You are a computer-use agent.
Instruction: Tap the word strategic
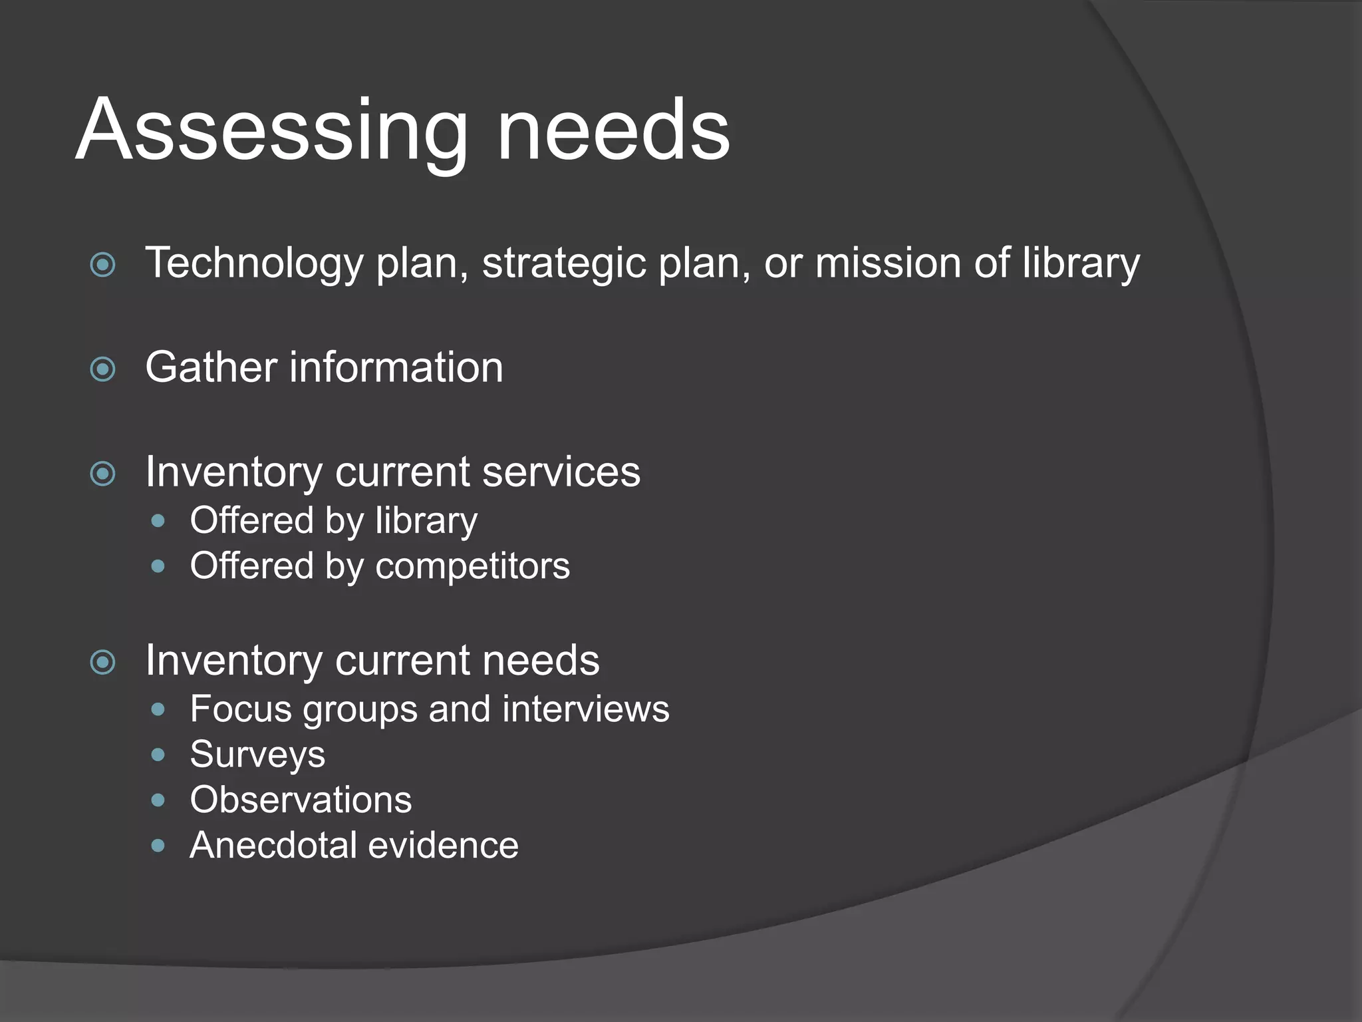[564, 263]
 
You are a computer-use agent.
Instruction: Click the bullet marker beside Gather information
[103, 369]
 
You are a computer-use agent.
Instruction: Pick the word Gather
[211, 367]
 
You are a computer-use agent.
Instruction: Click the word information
[396, 367]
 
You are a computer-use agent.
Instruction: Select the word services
[561, 472]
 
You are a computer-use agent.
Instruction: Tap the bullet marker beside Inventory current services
[103, 474]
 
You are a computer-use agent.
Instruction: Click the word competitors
[472, 567]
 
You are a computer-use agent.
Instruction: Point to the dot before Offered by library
[158, 521]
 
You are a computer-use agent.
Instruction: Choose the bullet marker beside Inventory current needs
[103, 662]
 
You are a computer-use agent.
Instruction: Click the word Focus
[241, 709]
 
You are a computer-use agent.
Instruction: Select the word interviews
[586, 709]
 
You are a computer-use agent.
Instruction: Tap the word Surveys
[257, 755]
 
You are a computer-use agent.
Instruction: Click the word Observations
[301, 800]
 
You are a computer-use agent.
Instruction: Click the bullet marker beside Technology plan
[103, 265]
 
